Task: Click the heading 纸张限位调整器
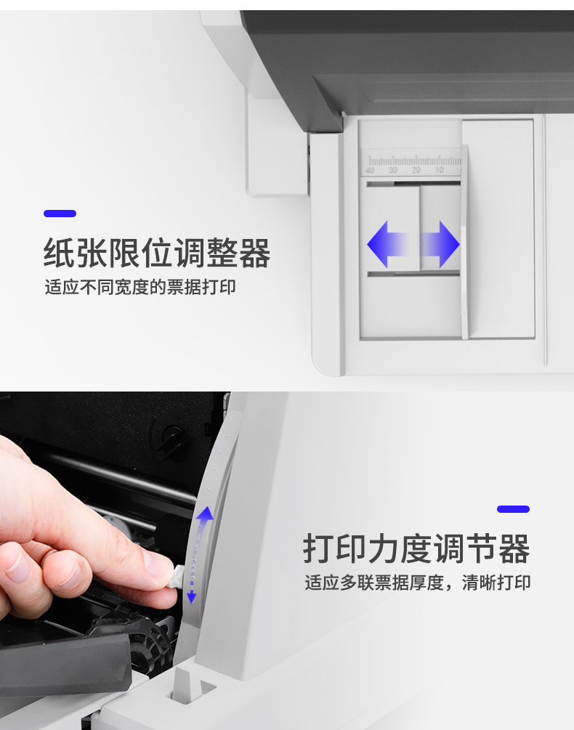(x=157, y=253)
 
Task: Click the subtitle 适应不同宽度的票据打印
(x=140, y=287)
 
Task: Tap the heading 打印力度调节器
(x=416, y=548)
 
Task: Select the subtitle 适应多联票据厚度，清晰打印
(x=418, y=583)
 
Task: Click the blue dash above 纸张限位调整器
(x=60, y=214)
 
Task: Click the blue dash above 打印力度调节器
(x=513, y=509)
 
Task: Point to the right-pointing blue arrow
(x=440, y=244)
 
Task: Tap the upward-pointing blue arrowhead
(x=205, y=514)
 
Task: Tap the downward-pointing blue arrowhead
(x=191, y=598)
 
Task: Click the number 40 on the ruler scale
(x=370, y=171)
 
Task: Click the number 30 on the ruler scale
(x=393, y=171)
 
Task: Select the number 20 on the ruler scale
(x=416, y=171)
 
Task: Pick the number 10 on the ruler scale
(x=439, y=171)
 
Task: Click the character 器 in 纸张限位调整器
(x=254, y=253)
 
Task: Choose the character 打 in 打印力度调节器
(x=319, y=548)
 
